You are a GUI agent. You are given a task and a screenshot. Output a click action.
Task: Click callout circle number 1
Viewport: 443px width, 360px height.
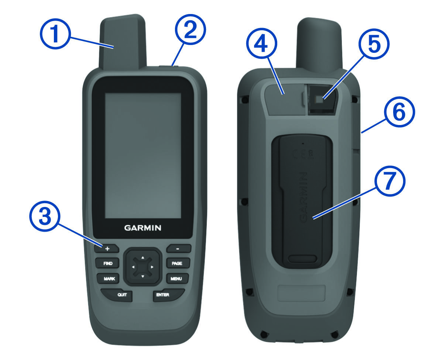55,34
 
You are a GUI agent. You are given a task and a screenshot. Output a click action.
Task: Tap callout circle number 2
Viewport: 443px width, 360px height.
190,30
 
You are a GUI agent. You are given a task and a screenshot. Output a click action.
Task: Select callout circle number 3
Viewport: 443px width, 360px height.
45,216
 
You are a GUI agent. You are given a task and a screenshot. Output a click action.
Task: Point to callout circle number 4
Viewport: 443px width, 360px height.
262,44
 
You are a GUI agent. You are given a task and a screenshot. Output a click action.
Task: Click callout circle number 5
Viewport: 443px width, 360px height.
374,44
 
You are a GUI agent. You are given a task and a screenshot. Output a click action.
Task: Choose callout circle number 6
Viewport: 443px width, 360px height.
399,112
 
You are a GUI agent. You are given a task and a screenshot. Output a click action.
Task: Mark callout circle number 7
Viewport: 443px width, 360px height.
390,181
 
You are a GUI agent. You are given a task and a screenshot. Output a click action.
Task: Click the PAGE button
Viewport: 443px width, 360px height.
178,263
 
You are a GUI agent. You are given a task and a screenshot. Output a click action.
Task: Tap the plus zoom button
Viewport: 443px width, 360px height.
107,249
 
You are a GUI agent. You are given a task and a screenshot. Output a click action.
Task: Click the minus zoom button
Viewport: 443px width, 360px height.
178,249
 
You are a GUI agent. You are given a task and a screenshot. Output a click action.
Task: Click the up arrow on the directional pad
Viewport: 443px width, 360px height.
142,257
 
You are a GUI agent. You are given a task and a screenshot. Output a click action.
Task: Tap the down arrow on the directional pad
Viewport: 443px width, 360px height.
142,276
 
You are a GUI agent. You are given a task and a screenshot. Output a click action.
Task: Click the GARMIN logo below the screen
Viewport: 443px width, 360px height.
142,228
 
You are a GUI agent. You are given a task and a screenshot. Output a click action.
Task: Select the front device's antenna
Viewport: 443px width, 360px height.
122,42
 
